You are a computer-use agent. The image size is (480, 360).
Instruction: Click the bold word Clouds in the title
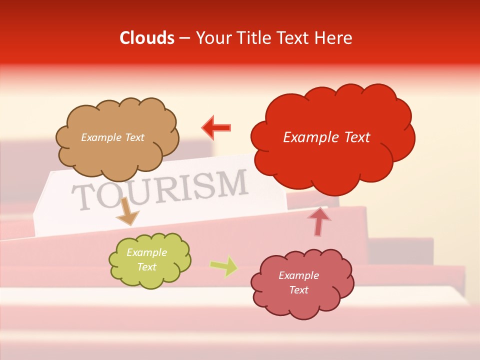pos(147,38)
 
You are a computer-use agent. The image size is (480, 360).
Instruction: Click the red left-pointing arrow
pos(216,128)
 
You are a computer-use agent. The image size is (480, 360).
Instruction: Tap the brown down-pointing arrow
pos(127,211)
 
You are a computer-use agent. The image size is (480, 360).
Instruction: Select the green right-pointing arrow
pos(224,266)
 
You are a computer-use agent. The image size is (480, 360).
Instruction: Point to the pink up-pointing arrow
pos(318,220)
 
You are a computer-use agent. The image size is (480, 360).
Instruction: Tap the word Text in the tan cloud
pos(134,137)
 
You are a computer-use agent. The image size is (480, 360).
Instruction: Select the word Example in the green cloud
pos(146,252)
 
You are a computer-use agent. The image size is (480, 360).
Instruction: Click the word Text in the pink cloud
pos(298,290)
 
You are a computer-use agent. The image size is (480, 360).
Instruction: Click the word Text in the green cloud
pos(146,267)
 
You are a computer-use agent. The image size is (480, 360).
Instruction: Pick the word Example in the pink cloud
pos(298,275)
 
